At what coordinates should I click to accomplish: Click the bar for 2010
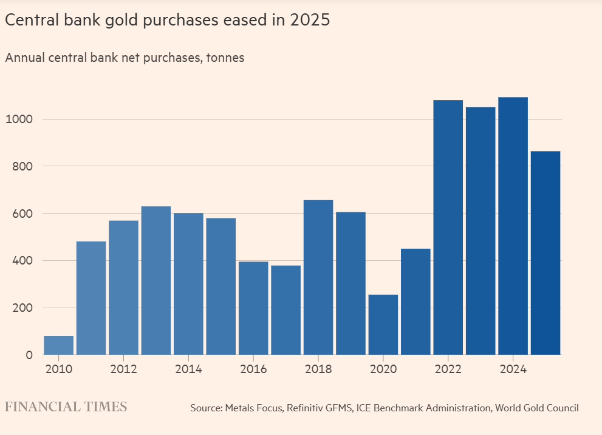point(59,345)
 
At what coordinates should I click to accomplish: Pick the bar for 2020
point(383,325)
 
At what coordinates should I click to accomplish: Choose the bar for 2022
point(448,228)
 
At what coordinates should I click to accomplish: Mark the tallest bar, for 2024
point(513,226)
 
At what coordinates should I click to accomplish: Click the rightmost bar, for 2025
point(546,253)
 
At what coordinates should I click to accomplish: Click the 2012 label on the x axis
point(124,369)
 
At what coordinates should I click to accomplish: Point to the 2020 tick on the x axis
point(383,369)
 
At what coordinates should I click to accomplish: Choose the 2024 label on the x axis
point(513,369)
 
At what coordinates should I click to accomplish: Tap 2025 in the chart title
point(310,20)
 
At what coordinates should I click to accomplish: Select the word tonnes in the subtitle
point(225,58)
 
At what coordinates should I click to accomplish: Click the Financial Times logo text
point(66,407)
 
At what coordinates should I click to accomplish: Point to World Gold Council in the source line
point(537,408)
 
